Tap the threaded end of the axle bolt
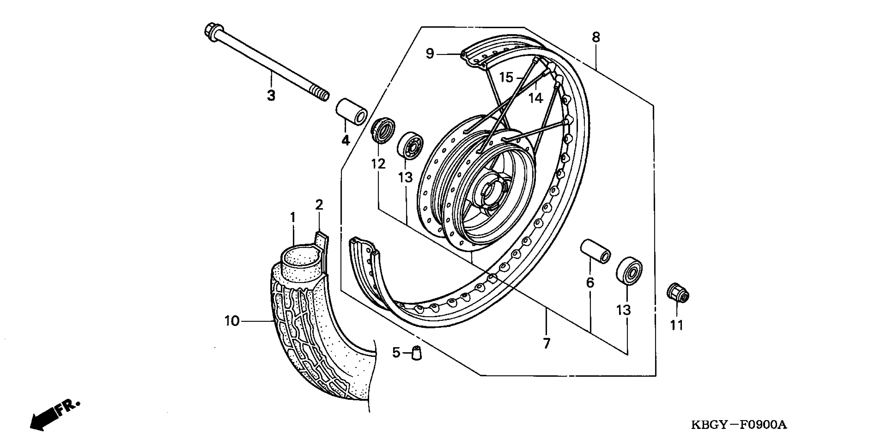pos(321,94)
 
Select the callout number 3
pos(271,95)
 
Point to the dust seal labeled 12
pos(383,131)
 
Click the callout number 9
pos(430,54)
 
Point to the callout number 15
pos(506,77)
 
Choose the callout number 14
pos(536,99)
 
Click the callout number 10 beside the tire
pos(232,321)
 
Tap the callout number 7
pos(546,343)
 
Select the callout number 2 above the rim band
pos(319,205)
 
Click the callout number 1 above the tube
pos(293,218)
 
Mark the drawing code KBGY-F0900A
pos(739,425)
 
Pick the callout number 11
pos(676,325)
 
